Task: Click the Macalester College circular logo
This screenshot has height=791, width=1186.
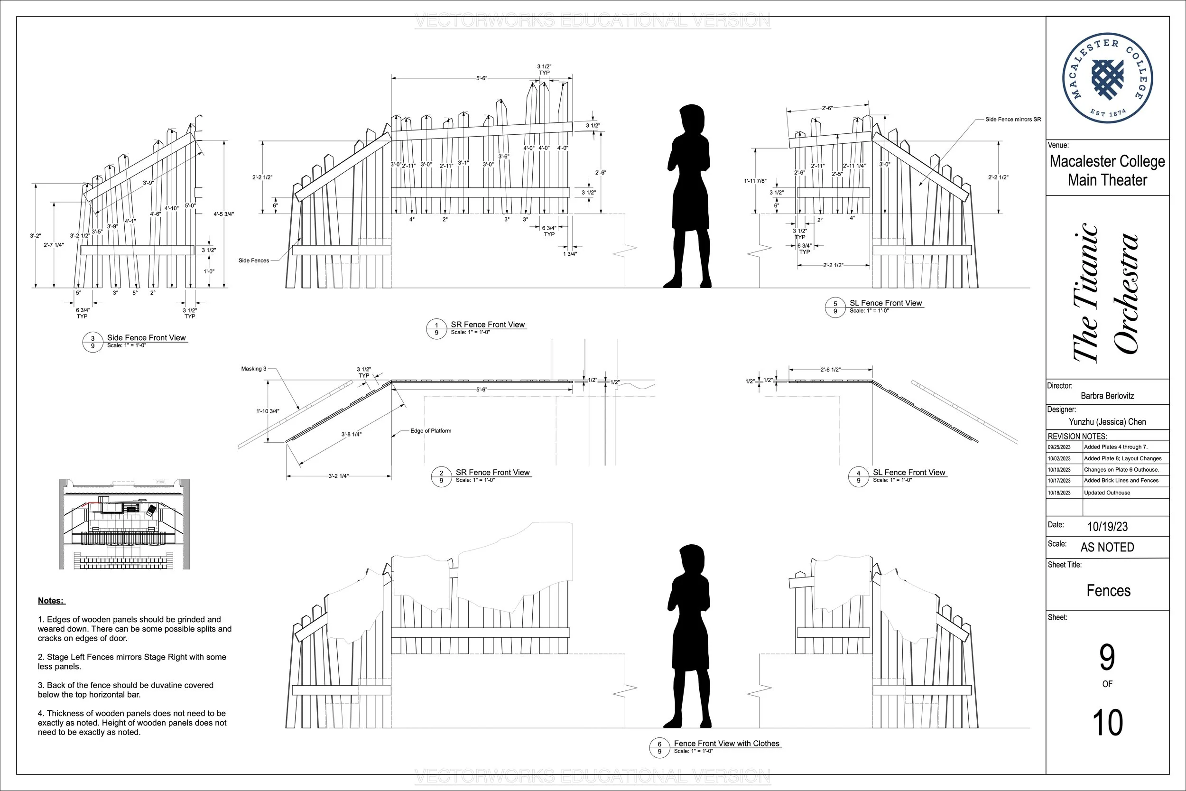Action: (x=1107, y=78)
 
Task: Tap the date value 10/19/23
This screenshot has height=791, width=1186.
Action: (x=1107, y=527)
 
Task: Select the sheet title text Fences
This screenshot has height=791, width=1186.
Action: (x=1108, y=591)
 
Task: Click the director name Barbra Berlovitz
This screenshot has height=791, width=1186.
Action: (x=1107, y=396)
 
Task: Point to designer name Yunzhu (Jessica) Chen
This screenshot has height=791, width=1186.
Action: (x=1107, y=422)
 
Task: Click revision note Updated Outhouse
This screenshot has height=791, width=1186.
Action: (x=1107, y=493)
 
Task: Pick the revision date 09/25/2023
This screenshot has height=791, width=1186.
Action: (x=1059, y=447)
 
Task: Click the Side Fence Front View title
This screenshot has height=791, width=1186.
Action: (x=146, y=337)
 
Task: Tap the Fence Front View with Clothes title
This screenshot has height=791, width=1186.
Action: (x=726, y=744)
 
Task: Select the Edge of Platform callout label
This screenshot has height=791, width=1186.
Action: (x=431, y=431)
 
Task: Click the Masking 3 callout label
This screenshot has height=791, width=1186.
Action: (x=254, y=369)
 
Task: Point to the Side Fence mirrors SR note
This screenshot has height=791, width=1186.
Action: (x=1013, y=120)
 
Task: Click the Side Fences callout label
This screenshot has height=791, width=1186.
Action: (x=254, y=261)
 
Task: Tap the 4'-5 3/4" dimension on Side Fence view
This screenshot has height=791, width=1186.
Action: (x=223, y=214)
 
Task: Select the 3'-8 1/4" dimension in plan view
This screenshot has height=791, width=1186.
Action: (x=351, y=434)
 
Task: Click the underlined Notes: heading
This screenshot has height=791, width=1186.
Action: (x=51, y=600)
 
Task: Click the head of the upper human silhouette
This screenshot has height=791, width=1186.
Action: (x=691, y=119)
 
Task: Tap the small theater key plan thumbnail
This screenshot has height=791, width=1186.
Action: (x=124, y=525)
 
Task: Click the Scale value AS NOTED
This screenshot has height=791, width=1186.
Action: (x=1107, y=548)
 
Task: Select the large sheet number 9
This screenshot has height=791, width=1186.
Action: (x=1107, y=657)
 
